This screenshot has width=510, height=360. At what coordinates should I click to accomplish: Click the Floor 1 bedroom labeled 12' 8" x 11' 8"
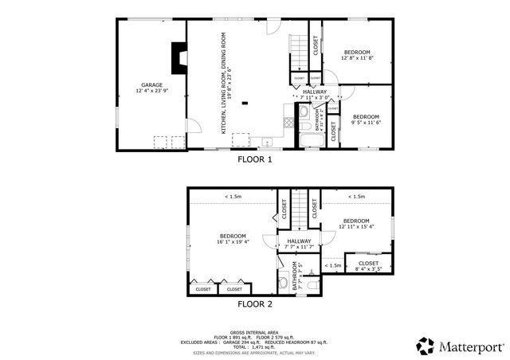pos(356,55)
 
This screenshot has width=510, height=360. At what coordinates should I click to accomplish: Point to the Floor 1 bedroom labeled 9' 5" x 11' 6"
pos(367,119)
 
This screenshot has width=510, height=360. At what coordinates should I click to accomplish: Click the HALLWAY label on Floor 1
pos(314,94)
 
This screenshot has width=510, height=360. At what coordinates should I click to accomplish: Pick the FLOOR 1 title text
pos(255,159)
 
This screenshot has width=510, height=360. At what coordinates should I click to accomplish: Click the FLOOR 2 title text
pos(255,303)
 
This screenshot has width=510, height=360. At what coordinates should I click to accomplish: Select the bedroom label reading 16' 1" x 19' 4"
pos(232,238)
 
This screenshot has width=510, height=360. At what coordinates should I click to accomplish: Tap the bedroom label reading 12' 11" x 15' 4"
pos(355,224)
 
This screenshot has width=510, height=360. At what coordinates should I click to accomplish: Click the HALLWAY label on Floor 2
pos(299,244)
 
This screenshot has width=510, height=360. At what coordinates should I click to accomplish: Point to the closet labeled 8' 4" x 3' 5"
pos(367,266)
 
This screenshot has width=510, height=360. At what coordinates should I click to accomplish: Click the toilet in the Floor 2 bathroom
pos(284,282)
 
